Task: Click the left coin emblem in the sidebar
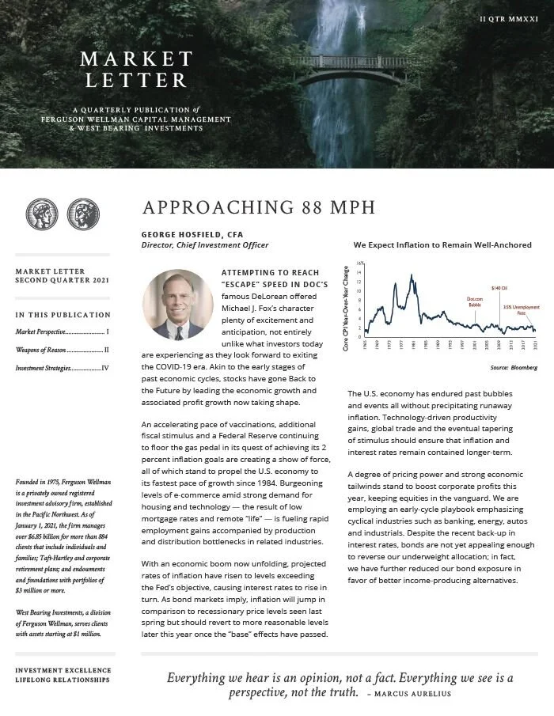[42, 214]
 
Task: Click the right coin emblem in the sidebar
[83, 214]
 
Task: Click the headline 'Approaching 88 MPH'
[258, 208]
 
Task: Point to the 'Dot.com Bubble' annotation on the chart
[474, 302]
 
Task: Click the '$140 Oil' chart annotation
[499, 288]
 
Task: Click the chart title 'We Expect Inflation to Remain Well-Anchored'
[442, 245]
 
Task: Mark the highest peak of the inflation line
[412, 275]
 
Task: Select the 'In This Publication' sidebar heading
[63, 315]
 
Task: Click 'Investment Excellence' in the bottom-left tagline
[63, 669]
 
